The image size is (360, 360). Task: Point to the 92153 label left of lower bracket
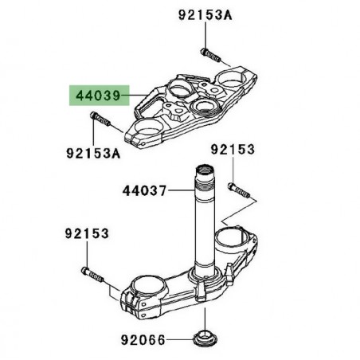[x=87, y=234]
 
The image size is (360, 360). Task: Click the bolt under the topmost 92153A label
[x=209, y=54]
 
